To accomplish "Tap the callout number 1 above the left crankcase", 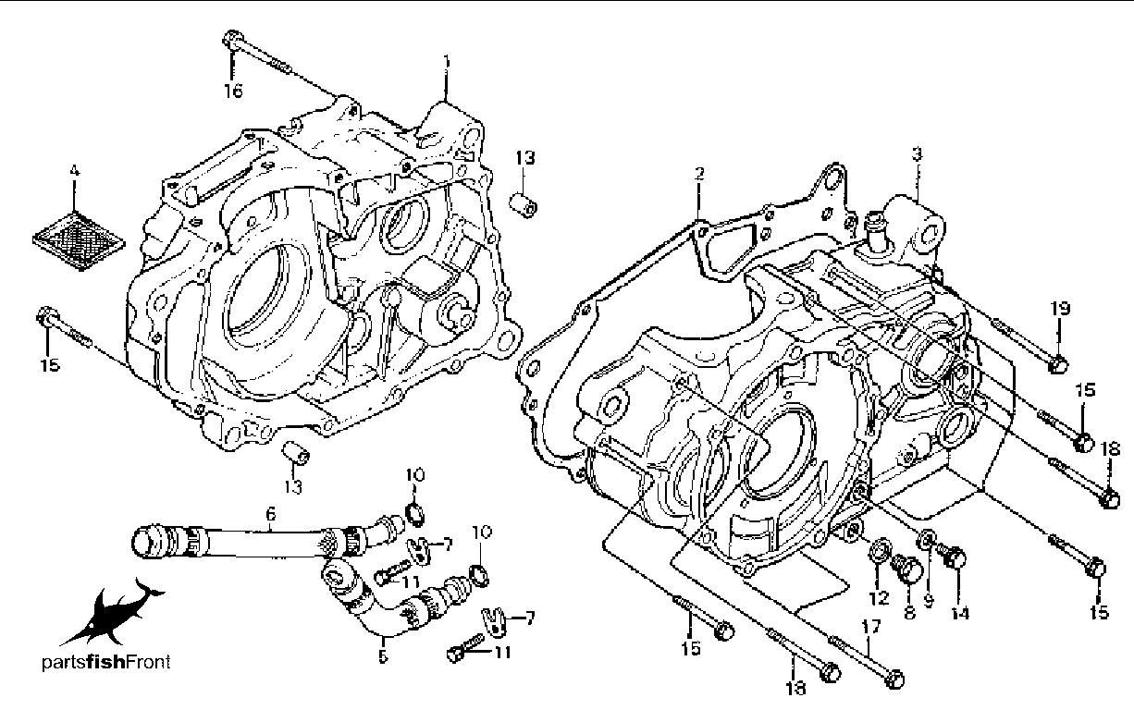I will coord(447,62).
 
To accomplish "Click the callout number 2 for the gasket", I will coord(700,174).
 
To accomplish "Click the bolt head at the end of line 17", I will coord(894,679).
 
